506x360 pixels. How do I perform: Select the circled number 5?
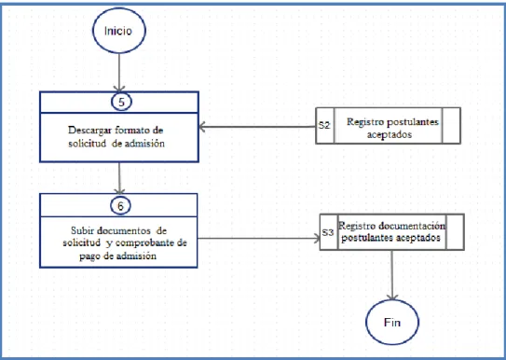121,102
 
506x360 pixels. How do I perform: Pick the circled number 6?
120,206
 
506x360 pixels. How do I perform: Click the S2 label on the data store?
324,125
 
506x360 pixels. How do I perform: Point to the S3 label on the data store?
328,232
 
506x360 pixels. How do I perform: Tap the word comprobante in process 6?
145,243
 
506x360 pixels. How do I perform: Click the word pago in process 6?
89,256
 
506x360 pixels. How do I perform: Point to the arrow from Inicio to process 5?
119,73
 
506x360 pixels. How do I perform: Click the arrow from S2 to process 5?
257,127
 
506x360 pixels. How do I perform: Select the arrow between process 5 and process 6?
119,177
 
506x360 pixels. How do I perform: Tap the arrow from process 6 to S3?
259,239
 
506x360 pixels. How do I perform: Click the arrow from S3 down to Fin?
392,275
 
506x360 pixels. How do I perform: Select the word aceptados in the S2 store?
390,134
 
